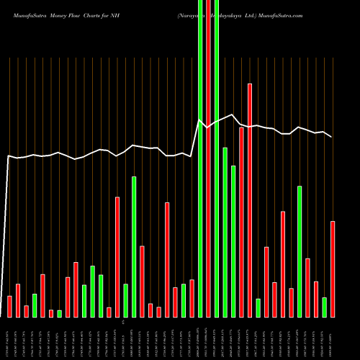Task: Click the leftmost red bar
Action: tap(10, 306)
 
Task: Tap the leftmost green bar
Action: tap(35, 305)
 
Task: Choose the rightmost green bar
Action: tap(324, 307)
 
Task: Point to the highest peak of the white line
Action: tap(233, 114)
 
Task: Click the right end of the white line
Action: tap(332, 137)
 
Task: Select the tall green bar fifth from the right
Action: tap(300, 251)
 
